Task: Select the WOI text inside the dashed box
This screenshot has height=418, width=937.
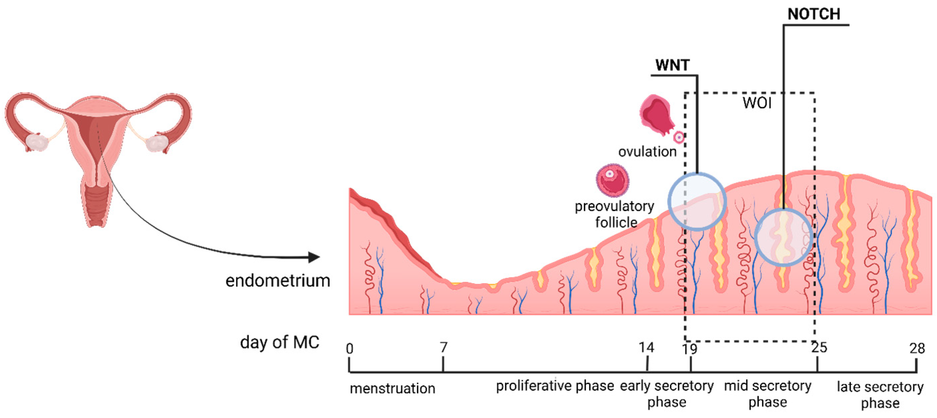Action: point(756,103)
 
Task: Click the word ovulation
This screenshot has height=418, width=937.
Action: point(647,151)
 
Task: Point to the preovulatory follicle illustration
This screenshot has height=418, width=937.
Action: point(613,180)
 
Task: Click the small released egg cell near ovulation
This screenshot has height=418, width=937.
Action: point(679,137)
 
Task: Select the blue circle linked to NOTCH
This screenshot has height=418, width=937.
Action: point(784,237)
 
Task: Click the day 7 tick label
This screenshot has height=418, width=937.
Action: point(443,347)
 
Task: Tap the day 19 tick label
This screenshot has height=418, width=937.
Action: point(689,349)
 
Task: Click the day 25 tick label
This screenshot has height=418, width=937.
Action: point(819,347)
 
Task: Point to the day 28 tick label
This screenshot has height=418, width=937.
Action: point(917,349)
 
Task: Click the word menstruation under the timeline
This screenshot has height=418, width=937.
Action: point(392,389)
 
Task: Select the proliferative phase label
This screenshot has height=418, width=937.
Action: point(555,386)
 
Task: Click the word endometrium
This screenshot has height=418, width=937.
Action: point(278,281)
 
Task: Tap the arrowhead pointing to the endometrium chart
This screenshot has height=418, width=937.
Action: point(314,257)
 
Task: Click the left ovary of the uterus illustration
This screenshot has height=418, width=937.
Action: point(36,142)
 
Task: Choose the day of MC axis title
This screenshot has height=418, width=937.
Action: point(279,342)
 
